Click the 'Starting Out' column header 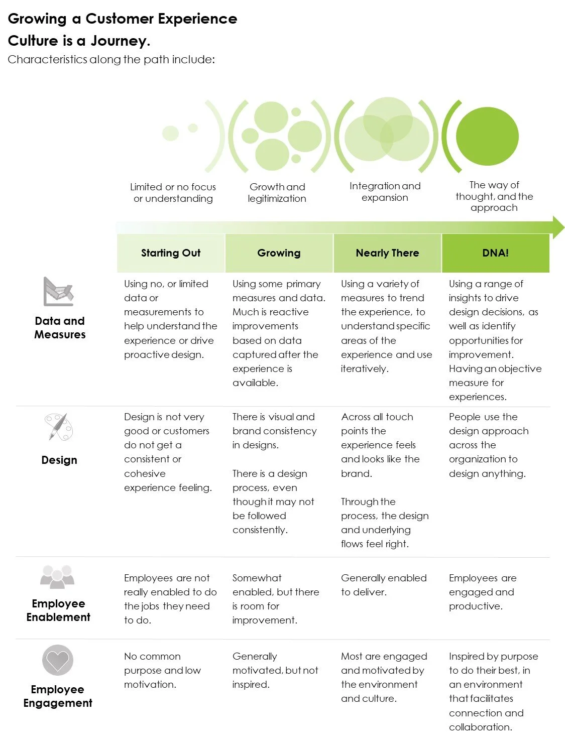[x=171, y=253]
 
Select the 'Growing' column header [x=279, y=253]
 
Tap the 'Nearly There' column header [x=387, y=253]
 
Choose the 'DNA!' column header [x=495, y=253]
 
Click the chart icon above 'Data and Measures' [x=58, y=292]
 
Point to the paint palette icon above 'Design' [x=58, y=427]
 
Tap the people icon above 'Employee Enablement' [x=57, y=577]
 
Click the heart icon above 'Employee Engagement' [x=58, y=660]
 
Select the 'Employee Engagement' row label [x=58, y=696]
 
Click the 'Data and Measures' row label [x=60, y=327]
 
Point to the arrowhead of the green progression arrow [x=558, y=227]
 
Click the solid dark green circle [x=487, y=137]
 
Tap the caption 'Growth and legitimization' [x=277, y=193]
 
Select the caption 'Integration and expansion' [x=385, y=192]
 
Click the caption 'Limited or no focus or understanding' [x=173, y=193]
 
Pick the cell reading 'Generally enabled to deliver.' [x=384, y=585]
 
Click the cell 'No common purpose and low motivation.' [x=162, y=670]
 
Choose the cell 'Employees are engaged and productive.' [x=482, y=592]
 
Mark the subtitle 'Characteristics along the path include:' [x=111, y=60]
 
